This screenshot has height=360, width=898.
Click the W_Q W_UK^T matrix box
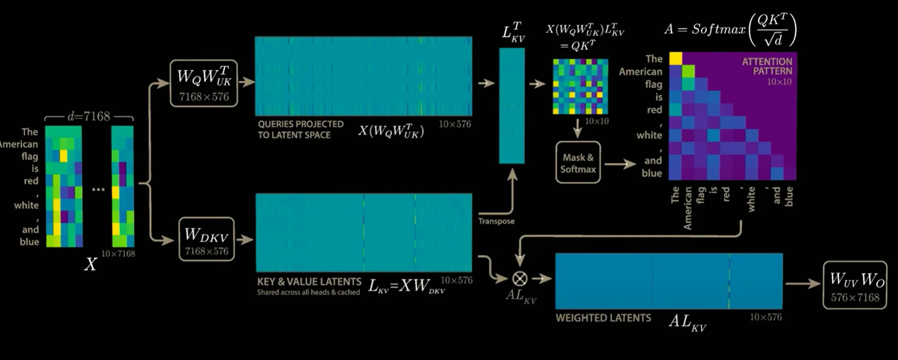click(204, 83)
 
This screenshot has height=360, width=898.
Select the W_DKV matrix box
click(206, 239)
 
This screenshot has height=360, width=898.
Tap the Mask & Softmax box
click(578, 163)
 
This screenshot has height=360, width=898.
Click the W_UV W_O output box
click(855, 286)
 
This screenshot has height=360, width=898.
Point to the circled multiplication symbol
click(520, 279)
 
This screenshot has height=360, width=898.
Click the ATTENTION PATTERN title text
click(767, 66)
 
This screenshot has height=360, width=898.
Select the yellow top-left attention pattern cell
click(675, 59)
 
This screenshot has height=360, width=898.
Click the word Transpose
click(496, 221)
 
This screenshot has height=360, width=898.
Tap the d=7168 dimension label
click(89, 117)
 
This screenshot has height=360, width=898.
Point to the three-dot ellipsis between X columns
click(98, 189)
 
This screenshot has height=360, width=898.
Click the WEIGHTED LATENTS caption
click(603, 318)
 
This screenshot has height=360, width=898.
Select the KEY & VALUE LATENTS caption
click(309, 282)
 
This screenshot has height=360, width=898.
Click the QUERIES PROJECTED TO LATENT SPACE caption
click(300, 129)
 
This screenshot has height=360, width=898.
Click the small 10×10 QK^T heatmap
click(580, 87)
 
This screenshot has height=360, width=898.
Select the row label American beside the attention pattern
click(640, 72)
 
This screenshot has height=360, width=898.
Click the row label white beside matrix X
click(26, 205)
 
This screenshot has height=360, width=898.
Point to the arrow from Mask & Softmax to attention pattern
click(620, 164)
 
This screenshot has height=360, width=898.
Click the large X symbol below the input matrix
click(90, 264)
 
